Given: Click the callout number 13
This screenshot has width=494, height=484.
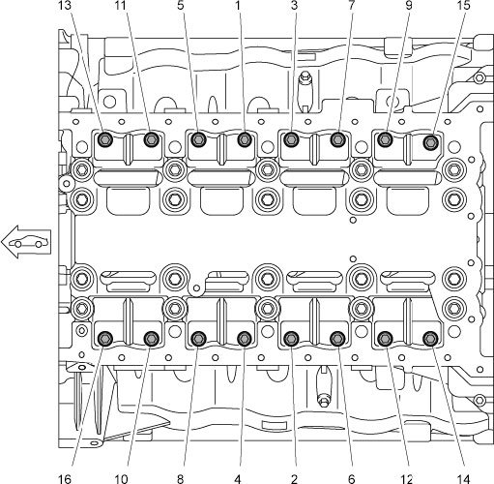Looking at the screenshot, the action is [65, 4].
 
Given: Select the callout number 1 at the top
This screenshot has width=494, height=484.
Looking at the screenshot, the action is [238, 4].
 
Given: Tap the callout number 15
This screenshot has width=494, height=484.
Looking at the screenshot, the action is [464, 4].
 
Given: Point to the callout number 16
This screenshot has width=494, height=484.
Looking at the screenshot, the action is [65, 479].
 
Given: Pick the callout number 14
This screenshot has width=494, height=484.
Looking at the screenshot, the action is [464, 479].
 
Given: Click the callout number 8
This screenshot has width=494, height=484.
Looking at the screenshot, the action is [181, 479].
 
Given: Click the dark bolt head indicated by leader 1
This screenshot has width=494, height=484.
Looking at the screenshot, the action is [245, 139].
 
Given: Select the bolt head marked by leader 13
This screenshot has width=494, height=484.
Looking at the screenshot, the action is [105, 139].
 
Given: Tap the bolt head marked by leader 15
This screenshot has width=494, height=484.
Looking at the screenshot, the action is [431, 142].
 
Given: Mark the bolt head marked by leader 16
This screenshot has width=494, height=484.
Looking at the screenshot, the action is [105, 338].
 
